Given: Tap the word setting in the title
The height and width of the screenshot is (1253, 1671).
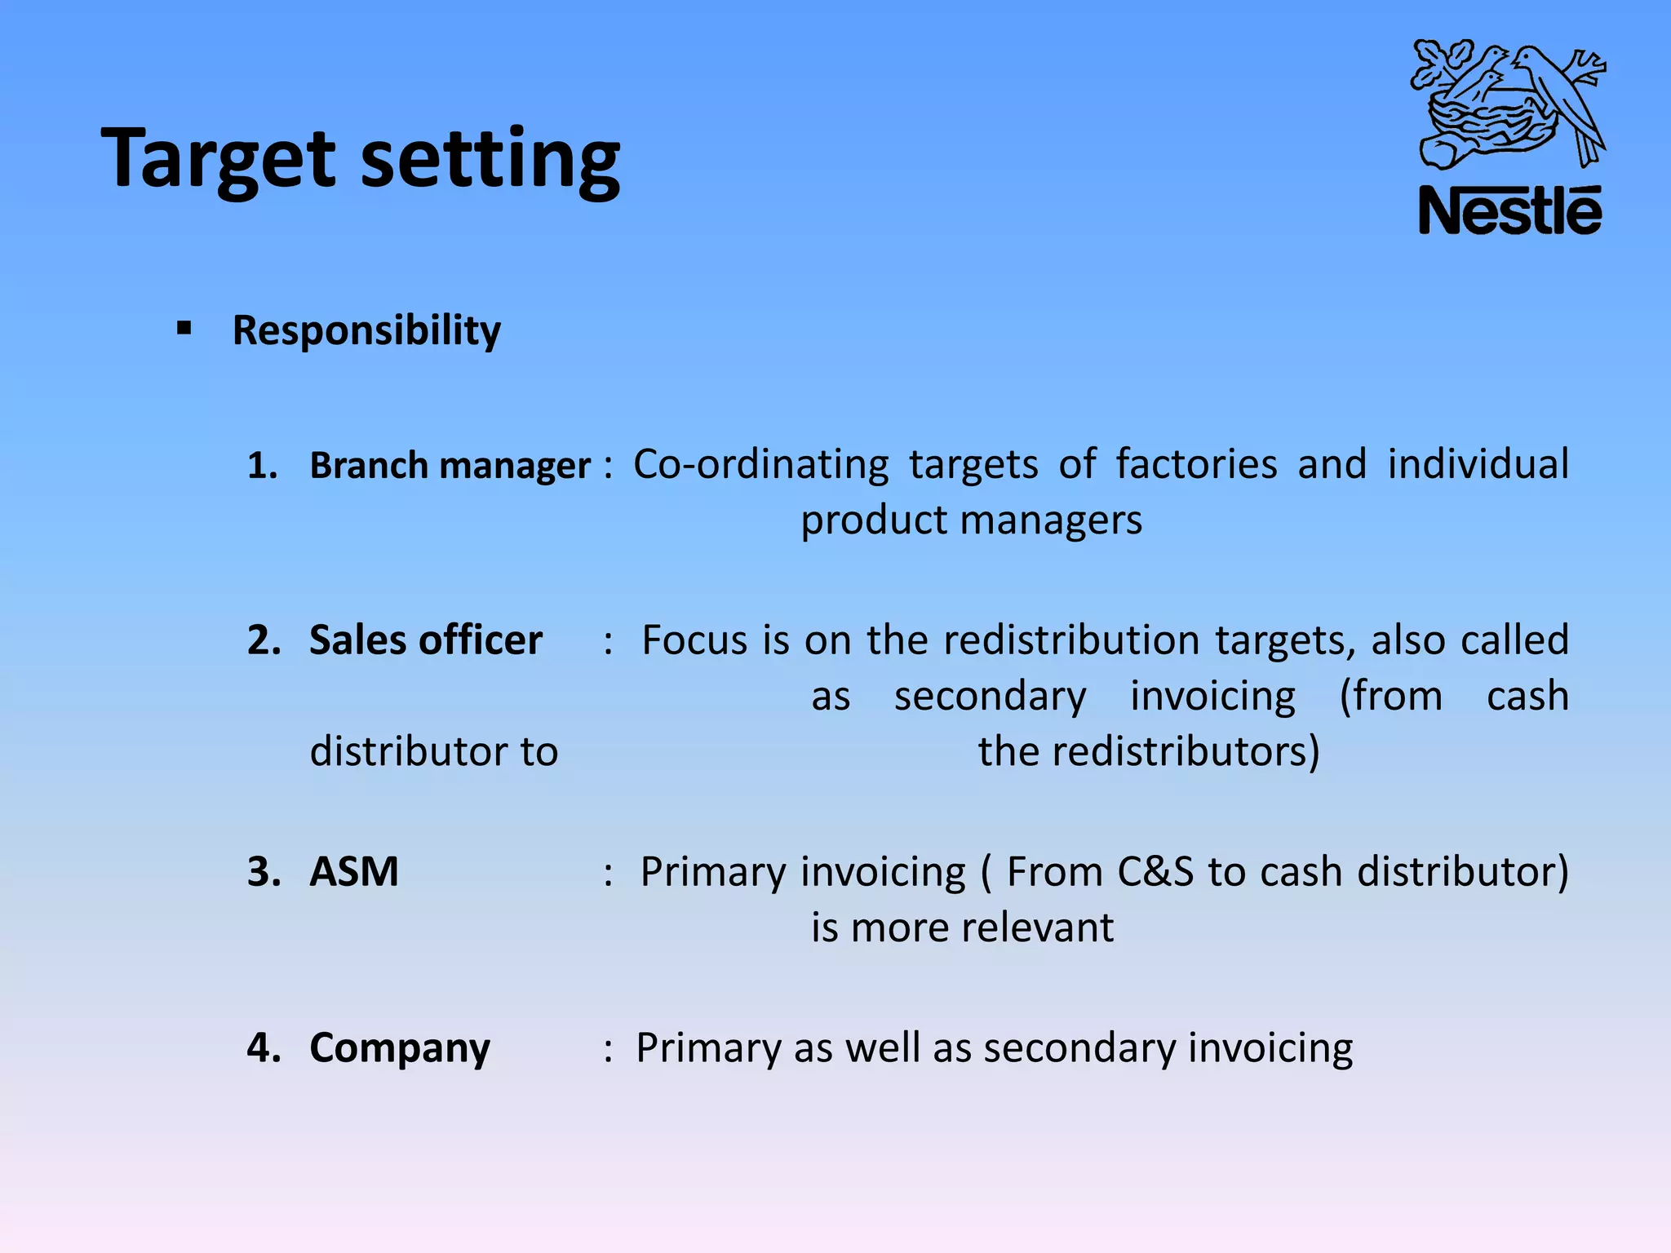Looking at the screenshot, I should (490, 159).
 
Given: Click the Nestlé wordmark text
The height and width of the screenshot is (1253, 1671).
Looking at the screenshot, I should (1510, 210).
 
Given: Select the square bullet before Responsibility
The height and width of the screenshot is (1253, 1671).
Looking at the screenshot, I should (184, 330).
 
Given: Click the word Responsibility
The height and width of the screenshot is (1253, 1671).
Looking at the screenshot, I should (366, 330).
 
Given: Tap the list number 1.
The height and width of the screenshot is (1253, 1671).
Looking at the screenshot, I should (262, 466).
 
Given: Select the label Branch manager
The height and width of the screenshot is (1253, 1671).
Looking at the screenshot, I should (450, 466).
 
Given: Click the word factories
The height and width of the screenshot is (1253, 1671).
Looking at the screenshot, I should (1196, 464).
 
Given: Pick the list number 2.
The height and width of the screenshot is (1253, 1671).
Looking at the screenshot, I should (264, 640).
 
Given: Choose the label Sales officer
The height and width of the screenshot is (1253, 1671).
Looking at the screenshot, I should (425, 640).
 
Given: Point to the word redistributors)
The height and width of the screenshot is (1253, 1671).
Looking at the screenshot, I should (1186, 751).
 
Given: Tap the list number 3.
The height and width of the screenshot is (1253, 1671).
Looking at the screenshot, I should (264, 872).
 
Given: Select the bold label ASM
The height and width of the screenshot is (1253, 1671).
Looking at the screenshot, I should (354, 872).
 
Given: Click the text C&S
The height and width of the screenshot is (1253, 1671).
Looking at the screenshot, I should (1159, 872).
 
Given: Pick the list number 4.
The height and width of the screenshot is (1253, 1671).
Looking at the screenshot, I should (264, 1048).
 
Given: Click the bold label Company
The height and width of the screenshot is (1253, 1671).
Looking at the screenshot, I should (400, 1048).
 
